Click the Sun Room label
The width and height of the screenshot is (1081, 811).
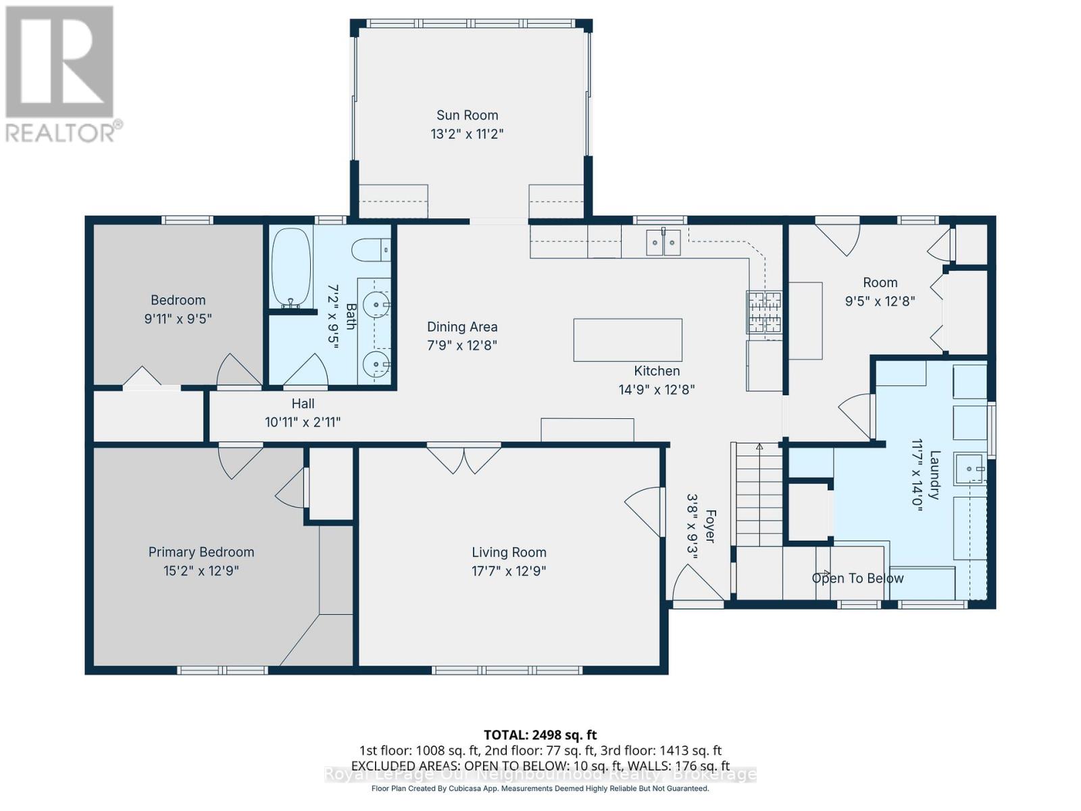click(467, 115)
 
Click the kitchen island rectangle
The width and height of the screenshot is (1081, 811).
click(628, 340)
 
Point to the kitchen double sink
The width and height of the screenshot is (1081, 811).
click(663, 242)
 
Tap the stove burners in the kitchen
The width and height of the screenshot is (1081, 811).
click(763, 312)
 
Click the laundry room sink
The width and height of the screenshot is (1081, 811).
click(970, 469)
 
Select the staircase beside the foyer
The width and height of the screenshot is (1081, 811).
click(759, 495)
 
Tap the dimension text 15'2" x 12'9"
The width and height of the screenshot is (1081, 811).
click(201, 570)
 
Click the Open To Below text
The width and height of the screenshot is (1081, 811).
click(857, 578)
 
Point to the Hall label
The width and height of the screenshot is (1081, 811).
click(303, 403)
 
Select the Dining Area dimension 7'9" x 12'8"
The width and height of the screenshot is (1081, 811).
click(462, 345)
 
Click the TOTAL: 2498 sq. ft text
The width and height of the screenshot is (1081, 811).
click(540, 735)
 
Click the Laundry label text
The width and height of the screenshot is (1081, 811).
click(934, 475)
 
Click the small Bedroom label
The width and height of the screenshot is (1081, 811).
click(178, 300)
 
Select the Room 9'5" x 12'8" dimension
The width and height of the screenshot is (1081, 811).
click(880, 301)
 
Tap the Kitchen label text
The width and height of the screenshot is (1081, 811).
click(657, 370)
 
